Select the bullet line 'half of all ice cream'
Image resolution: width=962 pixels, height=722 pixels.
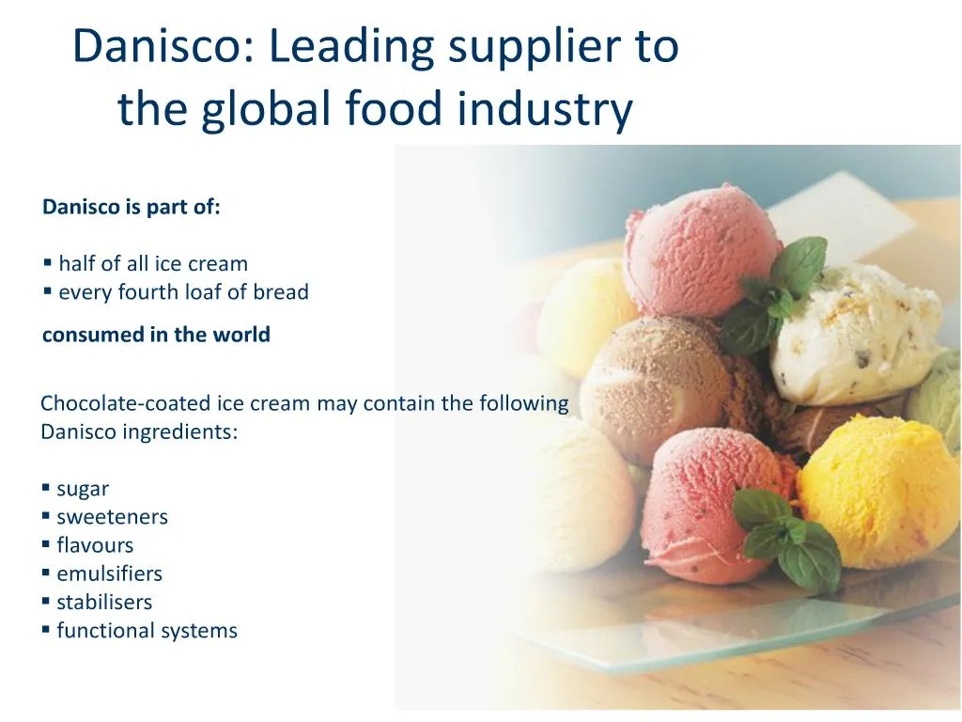tap(152, 264)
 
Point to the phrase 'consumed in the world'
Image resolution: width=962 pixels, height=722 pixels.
tap(156, 335)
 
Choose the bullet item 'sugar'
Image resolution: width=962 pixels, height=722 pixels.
tap(83, 489)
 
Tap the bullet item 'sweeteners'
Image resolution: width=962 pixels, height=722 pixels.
tap(112, 517)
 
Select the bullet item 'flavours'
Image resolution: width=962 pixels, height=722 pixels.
tap(95, 545)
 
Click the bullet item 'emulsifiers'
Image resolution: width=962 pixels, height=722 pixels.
tap(109, 573)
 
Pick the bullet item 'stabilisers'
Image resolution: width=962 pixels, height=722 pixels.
tap(104, 602)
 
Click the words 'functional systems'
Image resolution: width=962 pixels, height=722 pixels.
tap(147, 631)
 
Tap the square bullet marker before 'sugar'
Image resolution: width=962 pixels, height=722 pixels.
tap(46, 488)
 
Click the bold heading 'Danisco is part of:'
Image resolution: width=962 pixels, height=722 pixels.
tap(132, 208)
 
